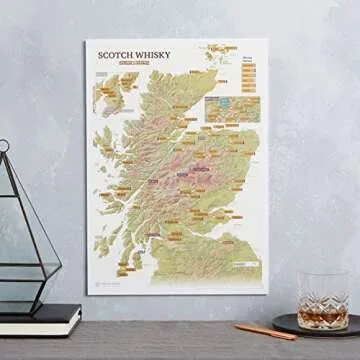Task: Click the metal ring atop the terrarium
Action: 5,147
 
